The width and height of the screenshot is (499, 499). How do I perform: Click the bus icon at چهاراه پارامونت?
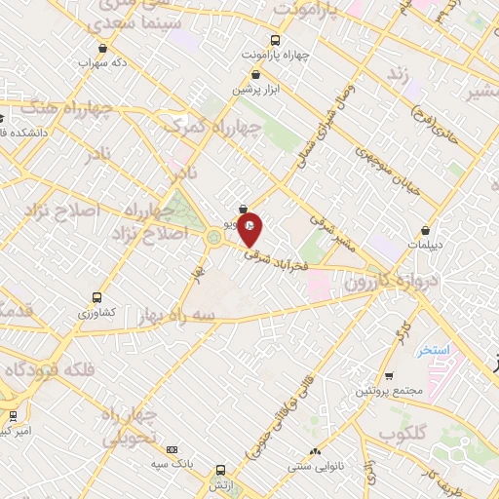point(276,40)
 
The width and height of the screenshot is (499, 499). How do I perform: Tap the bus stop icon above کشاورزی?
point(96,296)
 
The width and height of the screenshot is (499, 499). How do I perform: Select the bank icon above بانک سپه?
point(172,449)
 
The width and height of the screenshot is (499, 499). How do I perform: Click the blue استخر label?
point(431,349)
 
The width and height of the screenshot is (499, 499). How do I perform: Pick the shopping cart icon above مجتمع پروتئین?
point(389,375)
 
